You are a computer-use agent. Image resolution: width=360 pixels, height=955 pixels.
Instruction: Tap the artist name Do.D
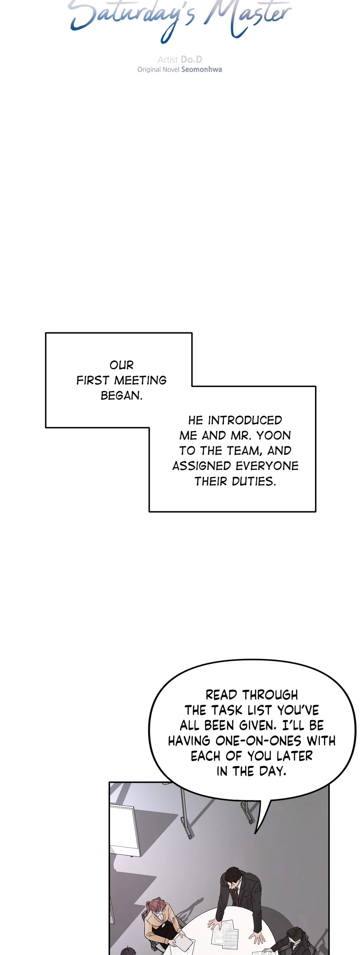(191, 59)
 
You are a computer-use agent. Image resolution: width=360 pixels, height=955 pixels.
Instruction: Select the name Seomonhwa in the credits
(202, 69)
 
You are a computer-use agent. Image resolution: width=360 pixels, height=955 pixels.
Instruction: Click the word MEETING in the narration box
(140, 380)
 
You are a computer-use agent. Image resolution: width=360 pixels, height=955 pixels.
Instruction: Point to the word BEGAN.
(122, 395)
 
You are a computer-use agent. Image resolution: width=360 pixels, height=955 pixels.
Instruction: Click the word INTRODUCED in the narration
(245, 420)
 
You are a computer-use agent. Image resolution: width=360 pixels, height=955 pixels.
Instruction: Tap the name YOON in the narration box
(274, 435)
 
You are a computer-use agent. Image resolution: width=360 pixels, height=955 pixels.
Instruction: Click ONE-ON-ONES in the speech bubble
(258, 741)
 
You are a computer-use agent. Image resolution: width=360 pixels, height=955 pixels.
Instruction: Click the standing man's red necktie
(236, 891)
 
